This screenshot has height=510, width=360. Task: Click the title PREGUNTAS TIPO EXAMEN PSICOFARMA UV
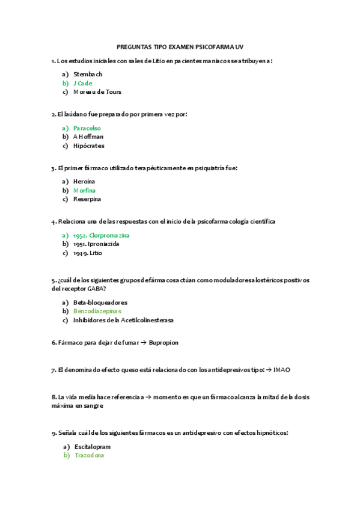click(180, 46)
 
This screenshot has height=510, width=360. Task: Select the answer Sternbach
click(88, 74)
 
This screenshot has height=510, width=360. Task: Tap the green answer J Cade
click(83, 83)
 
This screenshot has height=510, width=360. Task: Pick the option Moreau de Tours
click(97, 92)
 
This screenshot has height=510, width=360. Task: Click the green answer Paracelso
click(87, 128)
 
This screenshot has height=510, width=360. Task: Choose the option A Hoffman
click(88, 137)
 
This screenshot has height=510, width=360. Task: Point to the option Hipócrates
click(88, 146)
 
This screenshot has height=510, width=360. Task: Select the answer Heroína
click(84, 181)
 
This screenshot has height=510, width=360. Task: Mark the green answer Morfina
click(84, 190)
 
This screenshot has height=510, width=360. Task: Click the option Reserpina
click(87, 199)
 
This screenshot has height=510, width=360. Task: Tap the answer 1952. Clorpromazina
click(101, 235)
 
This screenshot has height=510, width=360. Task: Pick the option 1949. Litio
click(88, 253)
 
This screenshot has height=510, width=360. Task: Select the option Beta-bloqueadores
click(100, 302)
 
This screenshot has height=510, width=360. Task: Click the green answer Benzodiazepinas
click(97, 311)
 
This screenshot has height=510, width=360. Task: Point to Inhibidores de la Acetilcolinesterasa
click(123, 320)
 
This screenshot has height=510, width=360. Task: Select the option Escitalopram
click(93, 447)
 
